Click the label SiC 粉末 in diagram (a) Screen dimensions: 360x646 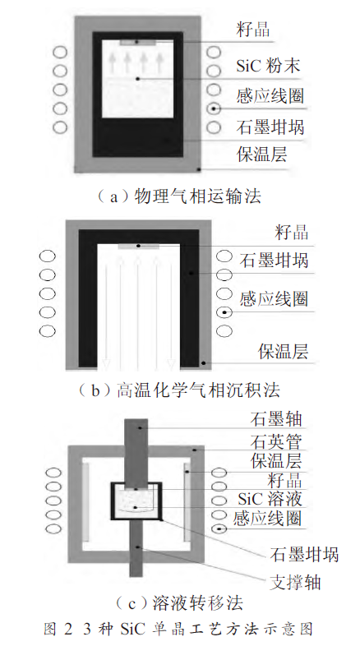click(x=268, y=66)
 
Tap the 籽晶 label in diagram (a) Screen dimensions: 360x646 click(x=253, y=30)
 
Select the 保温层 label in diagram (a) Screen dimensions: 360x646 click(x=262, y=154)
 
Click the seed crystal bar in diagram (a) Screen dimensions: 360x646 click(x=137, y=43)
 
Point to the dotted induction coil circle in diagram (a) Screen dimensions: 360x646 click(x=214, y=108)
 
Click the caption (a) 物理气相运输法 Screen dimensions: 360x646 click(x=179, y=196)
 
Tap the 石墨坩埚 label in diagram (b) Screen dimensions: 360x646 click(x=274, y=260)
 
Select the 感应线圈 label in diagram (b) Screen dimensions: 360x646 click(x=274, y=298)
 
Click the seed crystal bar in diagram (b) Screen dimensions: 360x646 click(x=138, y=247)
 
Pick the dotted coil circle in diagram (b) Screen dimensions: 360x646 click(x=224, y=312)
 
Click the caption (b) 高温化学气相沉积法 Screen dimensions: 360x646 click(x=179, y=390)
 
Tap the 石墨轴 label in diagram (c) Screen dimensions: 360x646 click(x=276, y=418)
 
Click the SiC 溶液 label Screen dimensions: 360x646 click(x=270, y=499)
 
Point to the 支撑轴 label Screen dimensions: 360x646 click(x=295, y=582)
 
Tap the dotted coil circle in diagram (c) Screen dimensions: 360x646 click(x=219, y=528)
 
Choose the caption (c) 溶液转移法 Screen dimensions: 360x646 click(x=179, y=603)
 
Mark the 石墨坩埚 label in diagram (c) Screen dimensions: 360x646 click(x=304, y=554)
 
